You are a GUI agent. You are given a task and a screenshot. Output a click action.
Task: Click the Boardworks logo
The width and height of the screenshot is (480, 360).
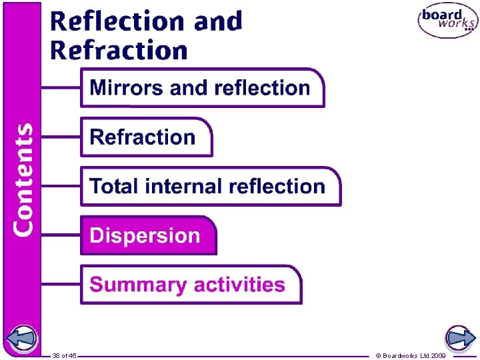tap(447, 21)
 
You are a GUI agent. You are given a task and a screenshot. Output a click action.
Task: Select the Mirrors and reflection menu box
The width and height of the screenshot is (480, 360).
tap(202, 88)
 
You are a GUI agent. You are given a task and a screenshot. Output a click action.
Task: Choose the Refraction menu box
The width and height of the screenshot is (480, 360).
tap(146, 137)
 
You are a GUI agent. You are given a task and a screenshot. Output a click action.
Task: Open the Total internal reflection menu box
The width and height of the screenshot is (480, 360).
tap(210, 186)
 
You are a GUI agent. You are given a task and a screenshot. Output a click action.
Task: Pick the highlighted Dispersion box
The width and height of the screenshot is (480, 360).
tap(149, 235)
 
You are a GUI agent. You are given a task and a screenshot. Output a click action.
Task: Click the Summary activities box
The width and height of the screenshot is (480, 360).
tap(191, 285)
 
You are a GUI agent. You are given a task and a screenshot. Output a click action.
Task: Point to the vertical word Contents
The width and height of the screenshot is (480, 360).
tap(23, 179)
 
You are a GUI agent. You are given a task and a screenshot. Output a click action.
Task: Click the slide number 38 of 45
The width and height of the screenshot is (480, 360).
tap(65, 355)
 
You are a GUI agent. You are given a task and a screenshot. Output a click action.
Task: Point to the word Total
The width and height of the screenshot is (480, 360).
tap(113, 186)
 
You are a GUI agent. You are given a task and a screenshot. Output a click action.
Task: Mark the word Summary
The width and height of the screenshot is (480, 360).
tap(138, 285)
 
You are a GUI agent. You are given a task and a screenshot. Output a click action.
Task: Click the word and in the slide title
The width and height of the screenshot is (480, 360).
tap(218, 21)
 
